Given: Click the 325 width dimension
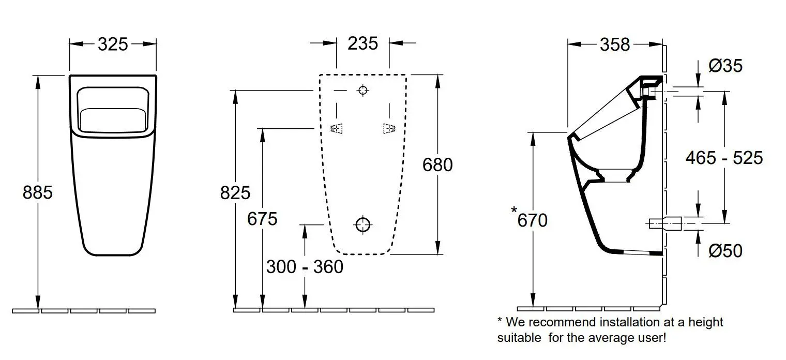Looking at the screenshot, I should [x=113, y=44].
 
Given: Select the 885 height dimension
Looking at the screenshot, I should [x=38, y=192].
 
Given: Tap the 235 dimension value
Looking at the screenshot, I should [x=362, y=43].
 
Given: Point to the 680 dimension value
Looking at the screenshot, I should [x=437, y=164].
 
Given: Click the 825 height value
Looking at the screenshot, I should [x=235, y=192].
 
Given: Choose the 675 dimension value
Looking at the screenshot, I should [x=262, y=219].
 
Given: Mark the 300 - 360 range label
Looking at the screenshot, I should [x=305, y=267].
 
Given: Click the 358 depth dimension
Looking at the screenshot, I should [x=615, y=45].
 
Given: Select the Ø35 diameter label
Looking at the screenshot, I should [x=725, y=66].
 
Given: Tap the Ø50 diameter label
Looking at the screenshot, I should [x=725, y=251].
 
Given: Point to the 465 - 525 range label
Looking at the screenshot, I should [x=724, y=158].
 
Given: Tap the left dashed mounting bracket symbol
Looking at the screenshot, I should [x=337, y=128].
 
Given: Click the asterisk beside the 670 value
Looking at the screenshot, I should [x=513, y=210].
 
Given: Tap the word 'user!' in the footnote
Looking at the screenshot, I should [x=651, y=338].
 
